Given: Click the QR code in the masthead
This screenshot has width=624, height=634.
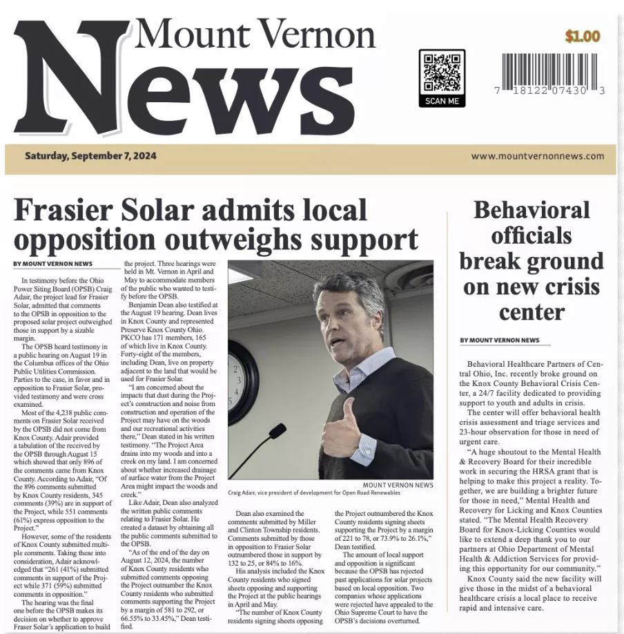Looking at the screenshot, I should (442, 71).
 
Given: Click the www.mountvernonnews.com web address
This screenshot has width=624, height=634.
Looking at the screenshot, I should (538, 156).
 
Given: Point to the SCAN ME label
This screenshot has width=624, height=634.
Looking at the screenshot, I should (442, 101).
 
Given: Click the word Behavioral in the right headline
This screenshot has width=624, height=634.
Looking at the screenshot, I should (531, 210).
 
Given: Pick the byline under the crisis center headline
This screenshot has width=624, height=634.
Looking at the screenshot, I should (500, 340).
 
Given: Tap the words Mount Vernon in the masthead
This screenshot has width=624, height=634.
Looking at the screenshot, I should (255, 33).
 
